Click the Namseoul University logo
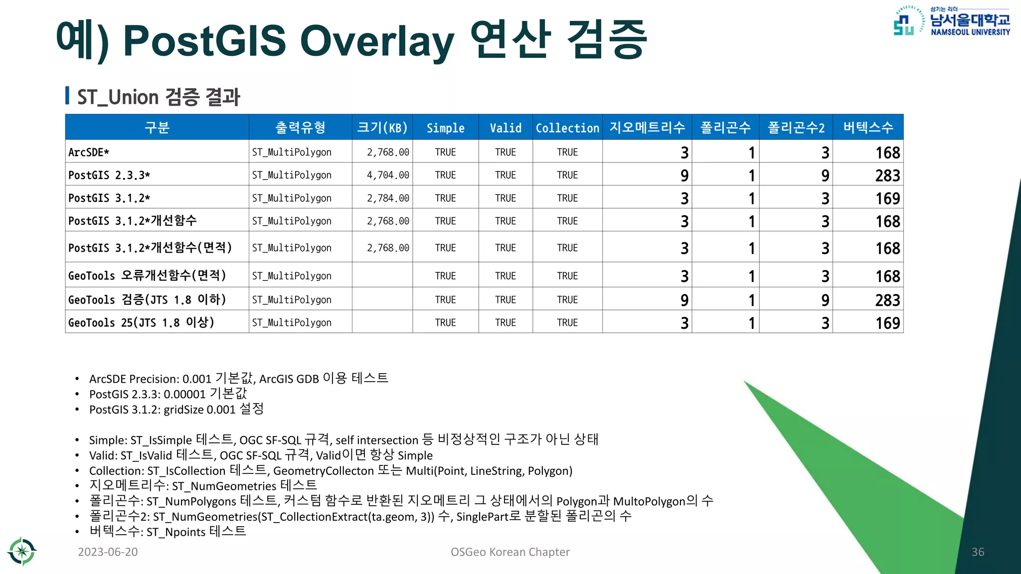click(x=951, y=21)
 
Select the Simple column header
click(x=445, y=128)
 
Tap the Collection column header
click(x=567, y=128)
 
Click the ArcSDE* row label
click(x=89, y=152)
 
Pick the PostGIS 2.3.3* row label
click(x=109, y=175)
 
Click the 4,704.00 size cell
click(x=388, y=175)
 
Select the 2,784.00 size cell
click(x=388, y=198)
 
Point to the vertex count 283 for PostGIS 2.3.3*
click(x=887, y=175)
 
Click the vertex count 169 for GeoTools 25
click(x=887, y=323)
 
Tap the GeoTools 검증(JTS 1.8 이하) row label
click(x=147, y=299)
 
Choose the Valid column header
click(x=506, y=128)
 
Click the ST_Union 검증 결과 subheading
click(x=159, y=97)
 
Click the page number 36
click(x=978, y=552)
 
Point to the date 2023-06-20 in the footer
click(x=108, y=552)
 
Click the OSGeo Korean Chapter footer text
click(x=510, y=552)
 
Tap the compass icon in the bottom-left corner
click(x=22, y=551)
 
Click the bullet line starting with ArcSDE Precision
click(x=238, y=379)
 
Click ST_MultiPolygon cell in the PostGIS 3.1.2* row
click(x=292, y=198)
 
